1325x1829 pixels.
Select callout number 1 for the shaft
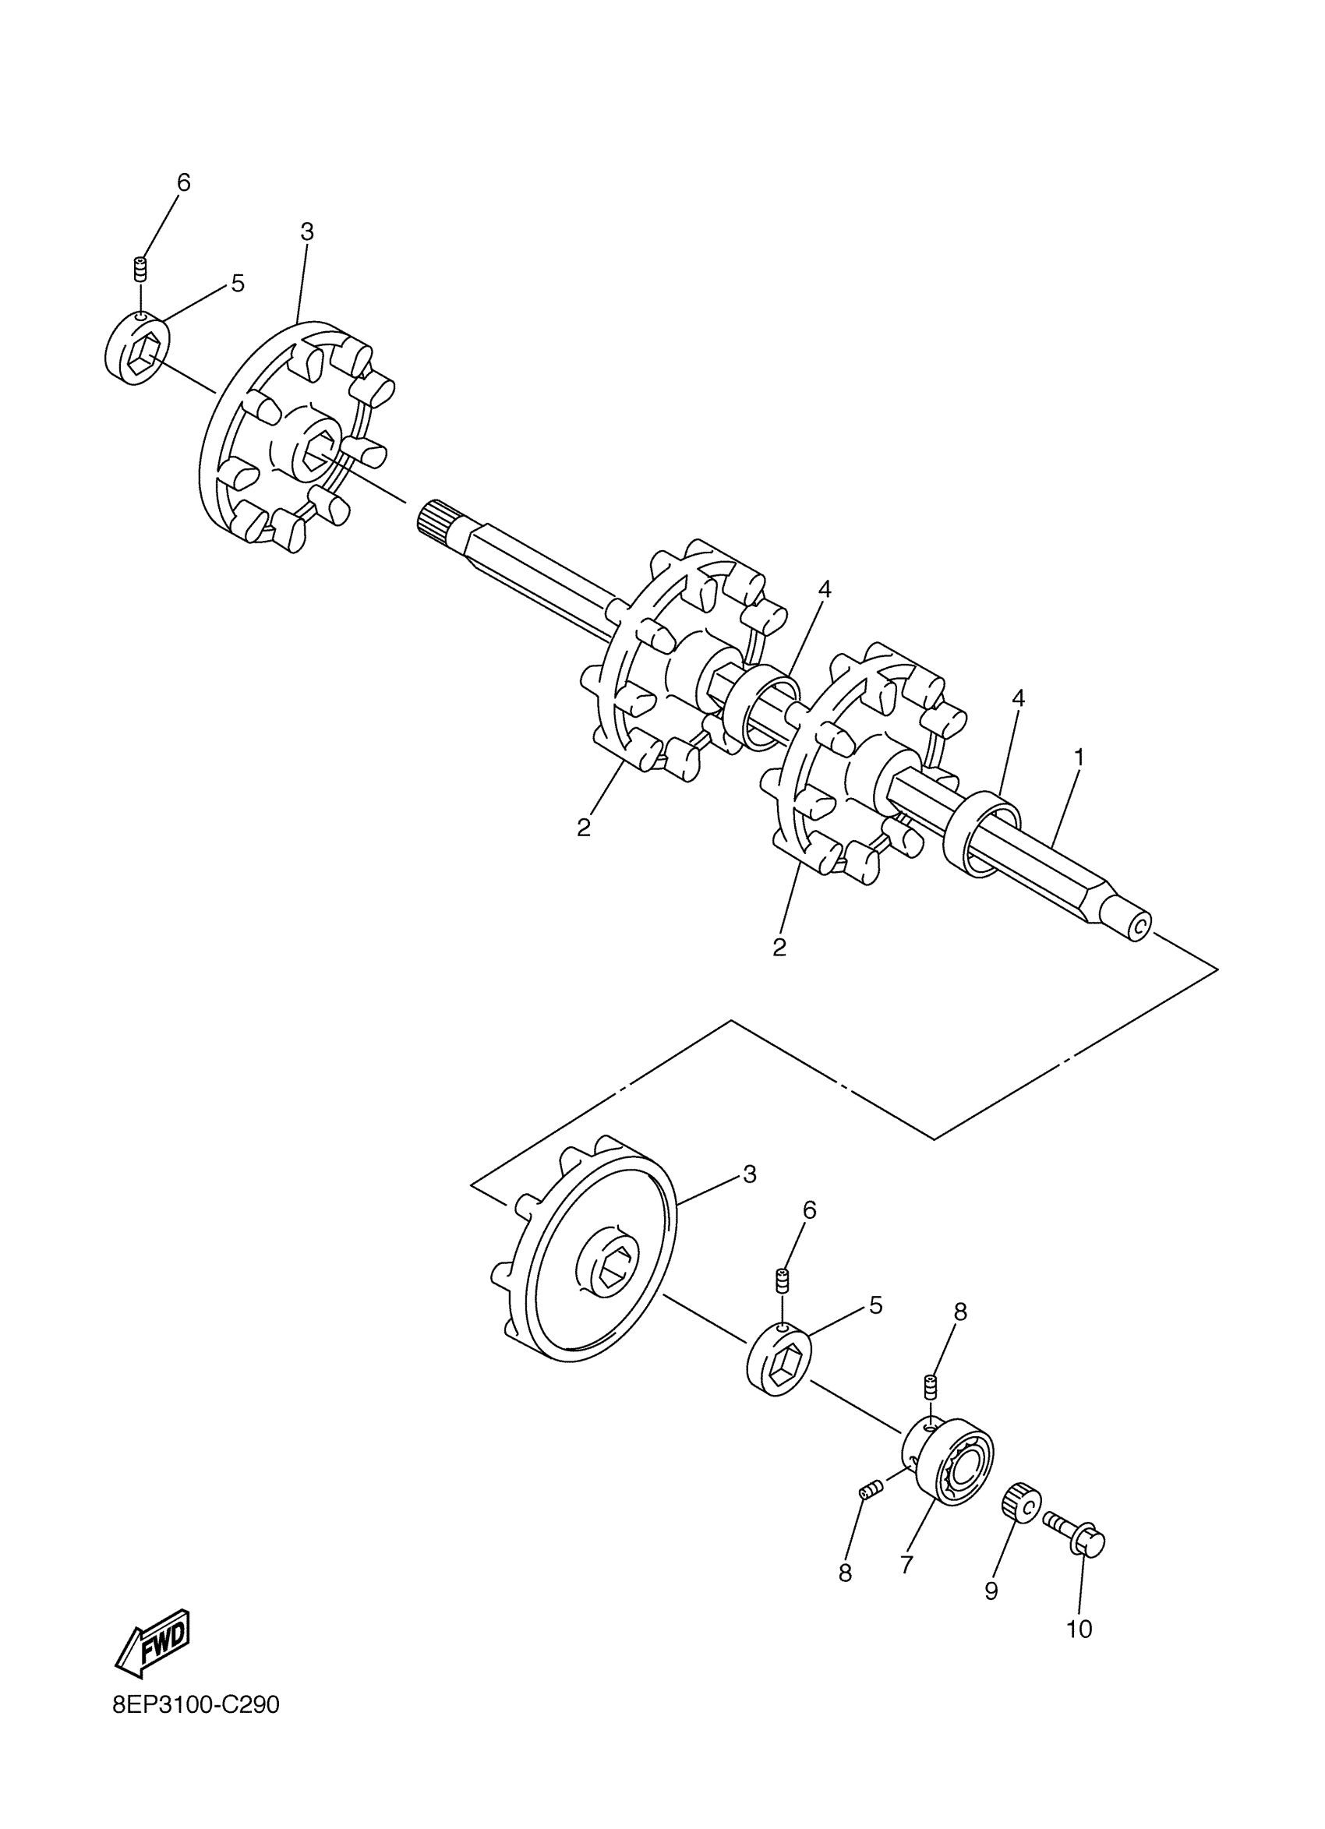click(x=1078, y=757)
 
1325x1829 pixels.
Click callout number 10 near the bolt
click(x=1079, y=1629)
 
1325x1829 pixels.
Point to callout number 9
click(x=991, y=1591)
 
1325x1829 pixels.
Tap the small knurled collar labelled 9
click(x=1021, y=1502)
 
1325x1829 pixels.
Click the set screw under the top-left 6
click(x=140, y=268)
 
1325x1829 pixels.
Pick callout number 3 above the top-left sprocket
click(x=306, y=232)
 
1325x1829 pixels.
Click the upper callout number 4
click(x=823, y=590)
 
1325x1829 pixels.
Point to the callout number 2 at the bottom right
click(x=779, y=948)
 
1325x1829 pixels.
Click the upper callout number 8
click(x=959, y=1312)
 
